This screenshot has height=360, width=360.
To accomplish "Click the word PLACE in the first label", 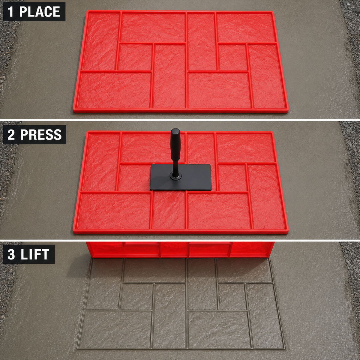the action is (x=40, y=12).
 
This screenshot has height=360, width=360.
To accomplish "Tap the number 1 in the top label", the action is (x=10, y=12).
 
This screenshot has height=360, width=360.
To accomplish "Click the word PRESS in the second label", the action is (x=41, y=134).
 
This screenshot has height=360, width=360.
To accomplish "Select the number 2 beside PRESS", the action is (x=11, y=134).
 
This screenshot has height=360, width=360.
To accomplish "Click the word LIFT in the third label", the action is (x=35, y=254).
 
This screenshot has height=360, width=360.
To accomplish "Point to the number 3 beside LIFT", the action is (x=11, y=254).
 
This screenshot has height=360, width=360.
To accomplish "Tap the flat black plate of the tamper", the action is (x=181, y=177).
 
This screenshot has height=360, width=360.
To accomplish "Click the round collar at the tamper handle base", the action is (x=175, y=176).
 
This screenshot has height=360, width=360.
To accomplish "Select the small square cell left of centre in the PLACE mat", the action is (x=135, y=57).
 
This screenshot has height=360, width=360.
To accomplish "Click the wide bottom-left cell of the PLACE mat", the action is (x=114, y=90).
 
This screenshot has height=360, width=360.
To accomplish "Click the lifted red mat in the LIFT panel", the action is (x=180, y=249).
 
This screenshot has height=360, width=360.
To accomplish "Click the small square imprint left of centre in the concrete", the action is (x=136, y=297).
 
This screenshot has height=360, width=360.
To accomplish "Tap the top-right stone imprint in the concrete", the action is (x=244, y=270).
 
